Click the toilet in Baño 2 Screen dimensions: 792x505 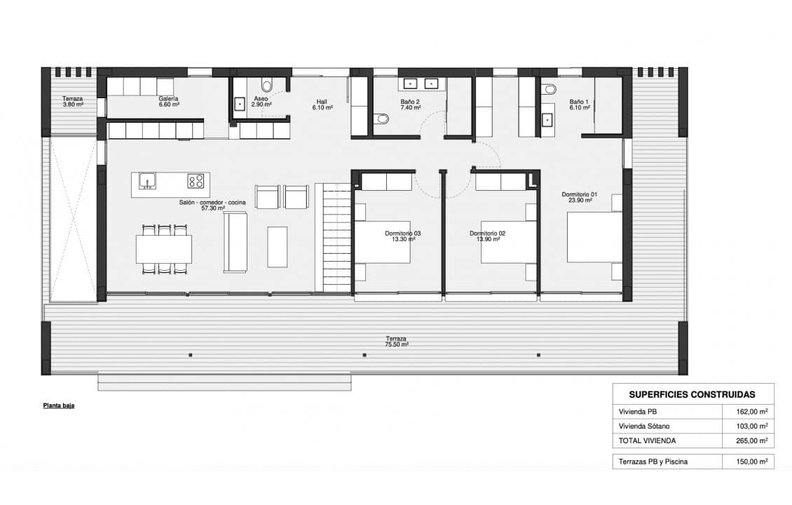coord(383,119)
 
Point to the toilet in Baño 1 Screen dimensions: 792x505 coord(550,90)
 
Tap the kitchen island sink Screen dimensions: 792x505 coord(147,180)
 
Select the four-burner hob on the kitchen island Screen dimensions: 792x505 coord(196,181)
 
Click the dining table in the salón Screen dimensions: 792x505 coord(163,249)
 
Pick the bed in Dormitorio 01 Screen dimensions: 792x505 coord(594,237)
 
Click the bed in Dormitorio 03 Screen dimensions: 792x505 coord(383,237)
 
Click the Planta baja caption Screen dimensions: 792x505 coord(59,405)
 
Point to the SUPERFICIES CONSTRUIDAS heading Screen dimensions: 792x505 coord(692,395)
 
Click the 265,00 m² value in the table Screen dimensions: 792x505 coord(752,440)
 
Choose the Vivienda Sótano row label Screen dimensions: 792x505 coord(644,426)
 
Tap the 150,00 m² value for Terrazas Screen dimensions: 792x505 coord(752,462)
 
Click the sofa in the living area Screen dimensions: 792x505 coord(235,242)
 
